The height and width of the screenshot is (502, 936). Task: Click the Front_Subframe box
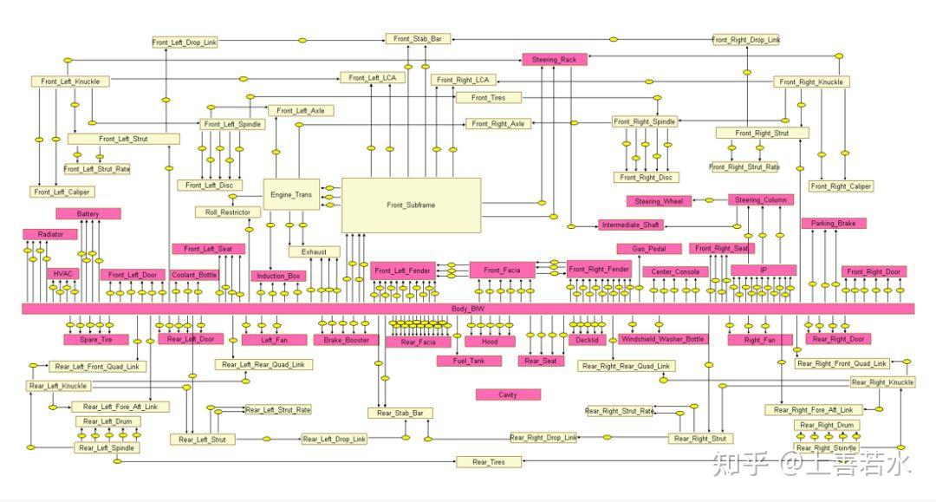(x=411, y=205)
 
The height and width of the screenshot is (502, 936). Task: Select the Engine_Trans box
(x=291, y=195)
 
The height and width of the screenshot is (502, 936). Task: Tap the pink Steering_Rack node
(x=554, y=60)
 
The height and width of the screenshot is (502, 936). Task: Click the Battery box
(x=88, y=213)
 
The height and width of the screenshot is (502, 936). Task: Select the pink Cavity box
(x=508, y=394)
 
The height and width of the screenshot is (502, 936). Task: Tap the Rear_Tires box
(x=489, y=462)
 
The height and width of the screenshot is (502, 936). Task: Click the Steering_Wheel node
(x=659, y=201)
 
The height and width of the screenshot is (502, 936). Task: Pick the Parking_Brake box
(x=834, y=223)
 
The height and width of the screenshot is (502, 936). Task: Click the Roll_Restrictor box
(x=228, y=212)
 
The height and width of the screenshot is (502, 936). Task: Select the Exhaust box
(x=314, y=251)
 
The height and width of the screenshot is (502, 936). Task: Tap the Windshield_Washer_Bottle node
(x=662, y=339)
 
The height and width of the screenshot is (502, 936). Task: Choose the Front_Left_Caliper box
(x=63, y=192)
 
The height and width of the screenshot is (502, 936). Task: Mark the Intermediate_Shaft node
(x=629, y=225)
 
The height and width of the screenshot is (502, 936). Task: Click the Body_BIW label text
(x=468, y=309)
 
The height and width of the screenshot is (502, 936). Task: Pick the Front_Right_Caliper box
(x=841, y=186)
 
